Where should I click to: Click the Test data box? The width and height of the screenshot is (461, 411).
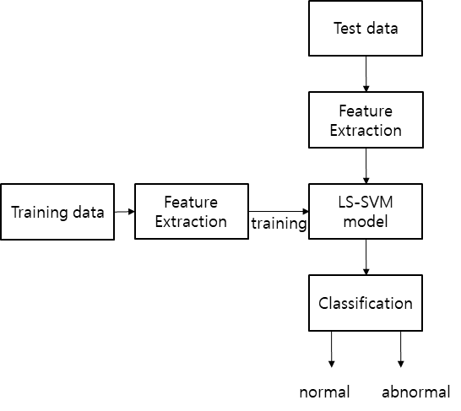(366, 28)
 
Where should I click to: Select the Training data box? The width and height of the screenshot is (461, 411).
(57, 212)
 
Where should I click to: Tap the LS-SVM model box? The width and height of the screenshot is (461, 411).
(366, 212)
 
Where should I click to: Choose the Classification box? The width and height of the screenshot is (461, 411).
(366, 303)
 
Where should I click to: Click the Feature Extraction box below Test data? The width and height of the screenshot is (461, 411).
(366, 120)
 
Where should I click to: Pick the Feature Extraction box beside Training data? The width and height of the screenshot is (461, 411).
(192, 212)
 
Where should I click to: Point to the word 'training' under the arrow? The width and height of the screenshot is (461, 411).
(279, 224)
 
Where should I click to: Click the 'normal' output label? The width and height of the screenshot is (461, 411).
(324, 392)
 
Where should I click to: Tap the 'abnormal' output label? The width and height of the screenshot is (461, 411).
(416, 392)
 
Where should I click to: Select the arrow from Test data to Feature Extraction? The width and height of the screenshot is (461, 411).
(366, 73)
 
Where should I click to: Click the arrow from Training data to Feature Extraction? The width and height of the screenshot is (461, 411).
(125, 212)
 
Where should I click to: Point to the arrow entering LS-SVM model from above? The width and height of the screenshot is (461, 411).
(366, 166)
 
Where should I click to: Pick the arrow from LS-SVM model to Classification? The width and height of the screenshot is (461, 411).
(366, 257)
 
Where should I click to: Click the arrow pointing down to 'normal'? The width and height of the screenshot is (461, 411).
(332, 349)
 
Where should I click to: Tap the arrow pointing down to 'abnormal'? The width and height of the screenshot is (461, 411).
(400, 349)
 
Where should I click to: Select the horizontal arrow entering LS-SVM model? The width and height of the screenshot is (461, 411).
(279, 211)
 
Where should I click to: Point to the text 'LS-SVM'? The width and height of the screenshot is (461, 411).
(366, 202)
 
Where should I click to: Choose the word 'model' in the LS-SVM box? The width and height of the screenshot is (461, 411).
(366, 221)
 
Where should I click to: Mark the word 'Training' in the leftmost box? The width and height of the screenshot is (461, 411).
(40, 213)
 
